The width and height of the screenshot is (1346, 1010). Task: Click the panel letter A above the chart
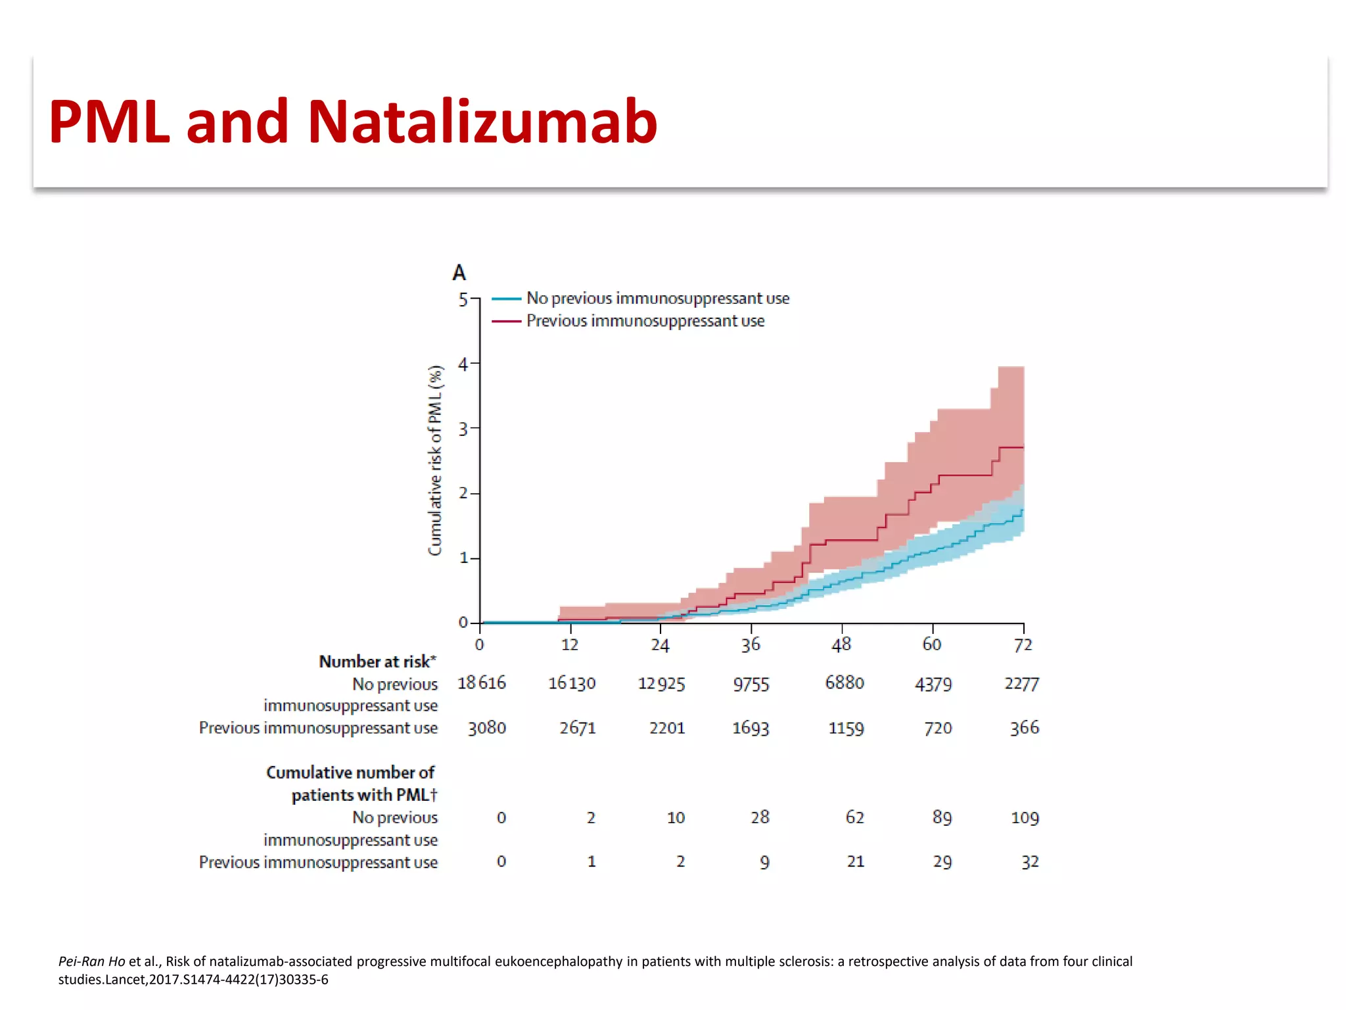coord(459,272)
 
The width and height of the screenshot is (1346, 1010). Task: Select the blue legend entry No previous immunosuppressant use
coord(657,299)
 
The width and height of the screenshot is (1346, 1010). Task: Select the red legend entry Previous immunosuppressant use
coord(645,321)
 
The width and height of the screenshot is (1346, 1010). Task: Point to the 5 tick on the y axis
coord(463,300)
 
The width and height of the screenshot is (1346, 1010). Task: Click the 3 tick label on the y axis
coord(463,429)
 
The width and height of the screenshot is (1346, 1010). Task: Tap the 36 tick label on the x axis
coord(751,644)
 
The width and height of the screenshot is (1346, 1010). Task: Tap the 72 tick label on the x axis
coord(1023,644)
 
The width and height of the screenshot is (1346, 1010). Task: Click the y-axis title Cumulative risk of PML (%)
coord(435,460)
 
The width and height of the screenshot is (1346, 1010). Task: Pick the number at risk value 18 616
coord(482,683)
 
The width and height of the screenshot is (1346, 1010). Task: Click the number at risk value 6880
coord(845,683)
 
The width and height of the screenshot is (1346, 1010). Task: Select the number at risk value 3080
coord(487,728)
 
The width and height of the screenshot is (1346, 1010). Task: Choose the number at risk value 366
coord(1024,728)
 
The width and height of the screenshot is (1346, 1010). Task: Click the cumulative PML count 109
coord(1025,818)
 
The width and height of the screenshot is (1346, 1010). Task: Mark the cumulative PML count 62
coord(854,817)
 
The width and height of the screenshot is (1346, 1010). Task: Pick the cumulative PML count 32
coord(1030,862)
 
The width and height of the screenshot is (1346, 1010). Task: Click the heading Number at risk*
coord(377,661)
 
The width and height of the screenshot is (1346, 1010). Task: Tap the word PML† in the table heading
coord(417,795)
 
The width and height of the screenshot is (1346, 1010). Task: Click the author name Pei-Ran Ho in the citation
coord(91,961)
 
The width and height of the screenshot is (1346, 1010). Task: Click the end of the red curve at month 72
coord(1022,448)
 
